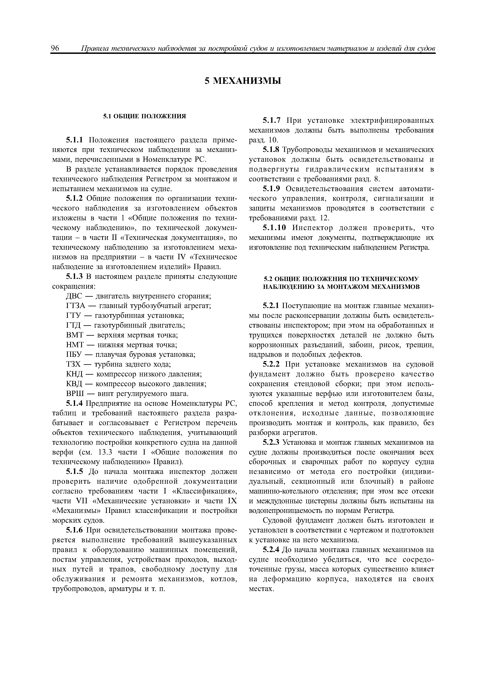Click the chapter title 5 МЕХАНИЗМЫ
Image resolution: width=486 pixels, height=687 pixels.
[x=243, y=81]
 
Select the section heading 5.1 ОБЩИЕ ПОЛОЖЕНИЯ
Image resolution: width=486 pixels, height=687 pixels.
[x=145, y=116]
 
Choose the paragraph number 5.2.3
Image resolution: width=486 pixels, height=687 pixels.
[x=271, y=443]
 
